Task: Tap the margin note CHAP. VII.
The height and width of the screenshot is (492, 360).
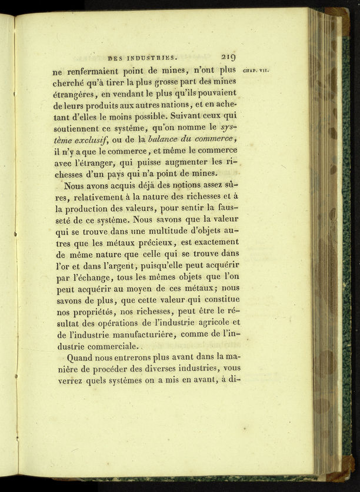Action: (256, 70)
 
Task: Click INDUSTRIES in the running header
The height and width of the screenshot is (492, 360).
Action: (151, 58)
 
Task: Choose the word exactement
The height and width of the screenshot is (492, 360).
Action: (208, 242)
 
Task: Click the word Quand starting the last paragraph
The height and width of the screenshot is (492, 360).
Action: (81, 357)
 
